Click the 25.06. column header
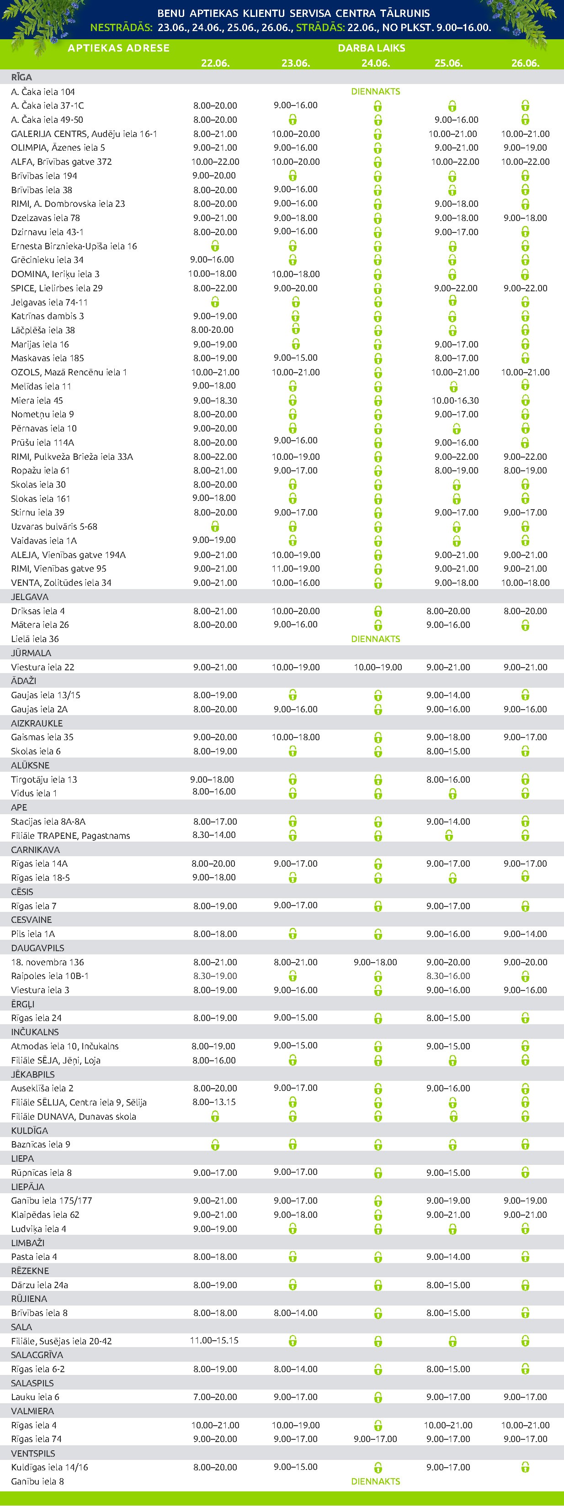(448, 63)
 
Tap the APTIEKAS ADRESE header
(118, 48)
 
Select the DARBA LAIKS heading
(371, 48)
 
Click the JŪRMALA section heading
(31, 653)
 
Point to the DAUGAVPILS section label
(37, 948)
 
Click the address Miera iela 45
(37, 400)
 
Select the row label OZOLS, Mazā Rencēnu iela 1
(69, 373)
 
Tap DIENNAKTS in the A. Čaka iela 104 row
(375, 92)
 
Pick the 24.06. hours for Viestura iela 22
(378, 667)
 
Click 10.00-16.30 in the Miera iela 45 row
(455, 400)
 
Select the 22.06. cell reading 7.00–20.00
(215, 1397)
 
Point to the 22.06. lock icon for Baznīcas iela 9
(215, 1144)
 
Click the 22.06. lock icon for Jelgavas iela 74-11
(215, 302)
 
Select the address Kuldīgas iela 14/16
(50, 1467)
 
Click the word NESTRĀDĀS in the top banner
(121, 27)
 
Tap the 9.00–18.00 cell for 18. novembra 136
(375, 962)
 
